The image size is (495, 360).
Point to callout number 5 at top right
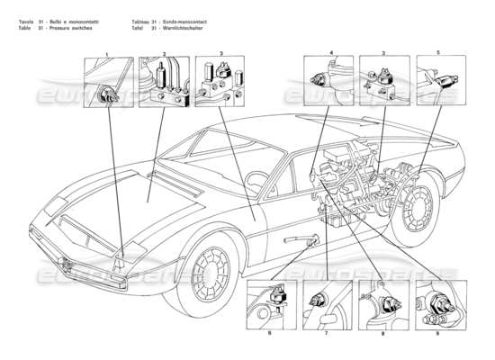437,53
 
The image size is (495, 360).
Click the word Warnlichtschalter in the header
178,28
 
